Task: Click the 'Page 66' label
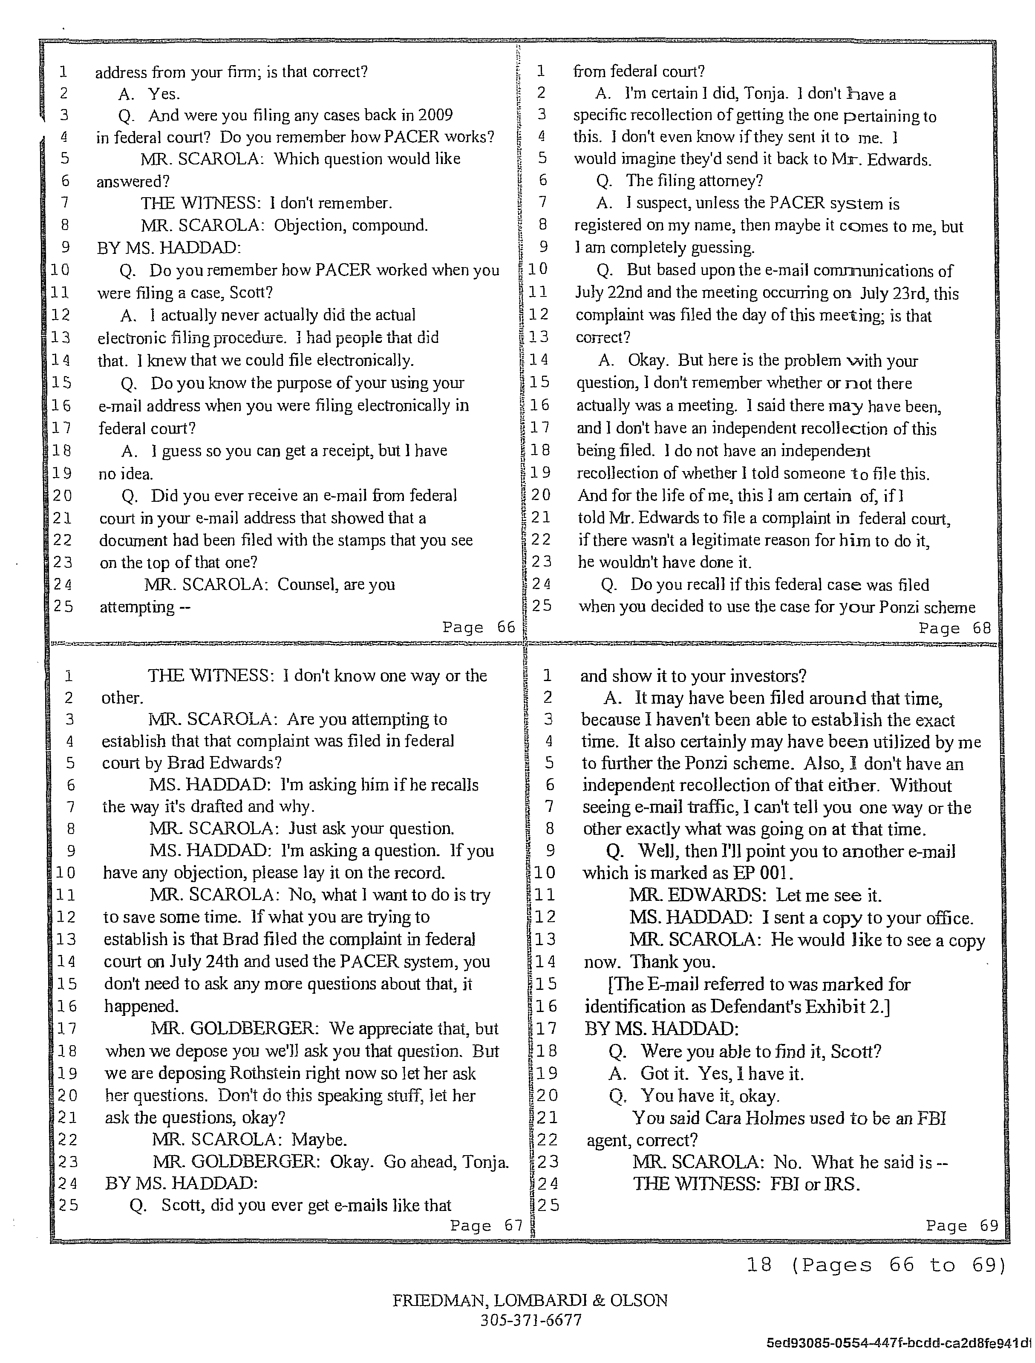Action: (479, 627)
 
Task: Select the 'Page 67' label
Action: (486, 1225)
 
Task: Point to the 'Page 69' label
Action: (962, 1225)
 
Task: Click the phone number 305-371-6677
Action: (530, 1320)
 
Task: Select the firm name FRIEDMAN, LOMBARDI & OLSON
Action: (530, 1300)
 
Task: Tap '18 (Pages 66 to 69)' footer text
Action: (876, 1265)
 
